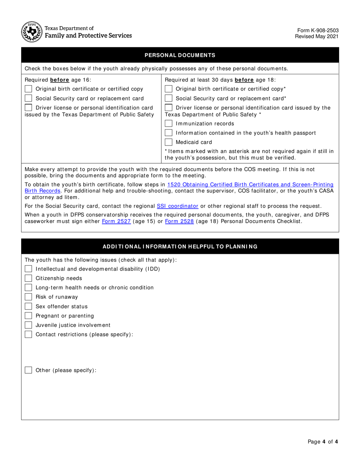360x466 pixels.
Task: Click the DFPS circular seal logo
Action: coord(31,32)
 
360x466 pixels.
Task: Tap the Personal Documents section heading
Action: coord(180,55)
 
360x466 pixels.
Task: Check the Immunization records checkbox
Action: coord(169,124)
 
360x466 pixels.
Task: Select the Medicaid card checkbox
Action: coord(169,142)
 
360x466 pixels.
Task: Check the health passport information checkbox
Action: coord(169,133)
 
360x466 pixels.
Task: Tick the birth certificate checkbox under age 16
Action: coord(28,89)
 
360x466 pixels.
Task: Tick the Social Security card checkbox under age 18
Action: coord(169,99)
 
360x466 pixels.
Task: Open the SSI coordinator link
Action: coord(177,206)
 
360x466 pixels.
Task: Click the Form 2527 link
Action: coord(116,221)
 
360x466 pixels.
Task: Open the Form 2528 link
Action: coord(179,221)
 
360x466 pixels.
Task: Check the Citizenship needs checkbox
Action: coord(28,278)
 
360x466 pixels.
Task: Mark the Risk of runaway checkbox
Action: coord(28,297)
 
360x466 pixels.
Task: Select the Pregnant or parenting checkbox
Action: coord(28,316)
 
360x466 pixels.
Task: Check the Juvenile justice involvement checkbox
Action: coord(28,325)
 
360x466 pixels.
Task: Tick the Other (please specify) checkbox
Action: coord(28,370)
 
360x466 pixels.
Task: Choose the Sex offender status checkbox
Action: coord(28,306)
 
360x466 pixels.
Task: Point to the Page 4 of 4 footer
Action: coord(322,441)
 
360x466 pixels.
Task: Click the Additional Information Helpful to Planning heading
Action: coord(180,247)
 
